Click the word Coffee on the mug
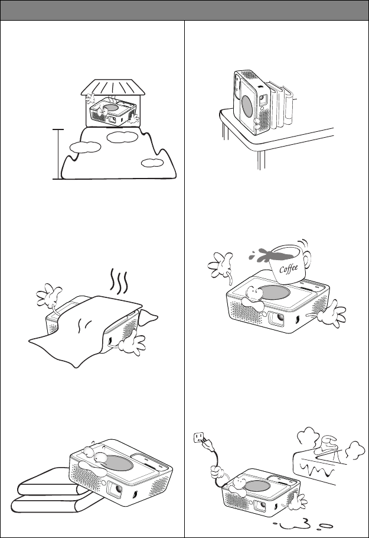tap(289, 268)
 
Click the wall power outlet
tap(198, 437)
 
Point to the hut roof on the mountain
tap(113, 87)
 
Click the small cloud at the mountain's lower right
tap(152, 163)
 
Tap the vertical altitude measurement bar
tap(58, 154)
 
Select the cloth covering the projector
tap(93, 330)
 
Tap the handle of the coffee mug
tap(307, 259)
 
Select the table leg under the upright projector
tap(261, 160)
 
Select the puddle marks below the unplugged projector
tap(303, 525)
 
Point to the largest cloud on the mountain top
tap(123, 137)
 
